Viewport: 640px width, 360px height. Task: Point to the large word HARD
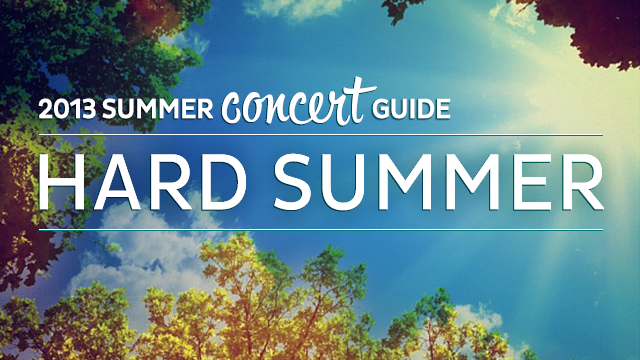[x=141, y=184]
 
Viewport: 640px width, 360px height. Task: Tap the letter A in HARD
[x=114, y=184]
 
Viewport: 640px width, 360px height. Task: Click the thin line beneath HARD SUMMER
[x=320, y=228]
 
